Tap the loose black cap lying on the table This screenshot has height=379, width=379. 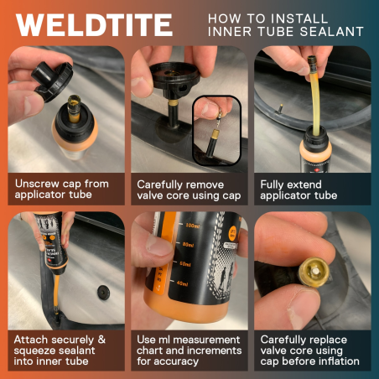point(103,293)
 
